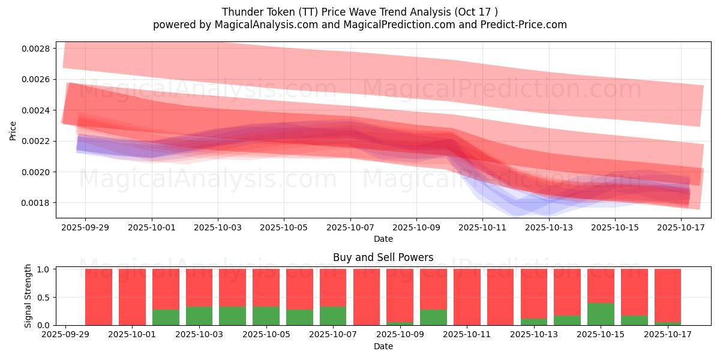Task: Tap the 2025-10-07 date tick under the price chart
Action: (x=350, y=228)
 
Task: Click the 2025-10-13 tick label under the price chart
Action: (x=549, y=228)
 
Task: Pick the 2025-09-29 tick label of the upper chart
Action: (x=85, y=228)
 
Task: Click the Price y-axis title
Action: (x=13, y=130)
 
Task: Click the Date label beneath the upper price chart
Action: (x=383, y=239)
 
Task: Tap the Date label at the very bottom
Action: (x=383, y=346)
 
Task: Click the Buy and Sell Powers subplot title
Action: (x=383, y=257)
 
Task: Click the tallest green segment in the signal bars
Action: (x=601, y=314)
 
